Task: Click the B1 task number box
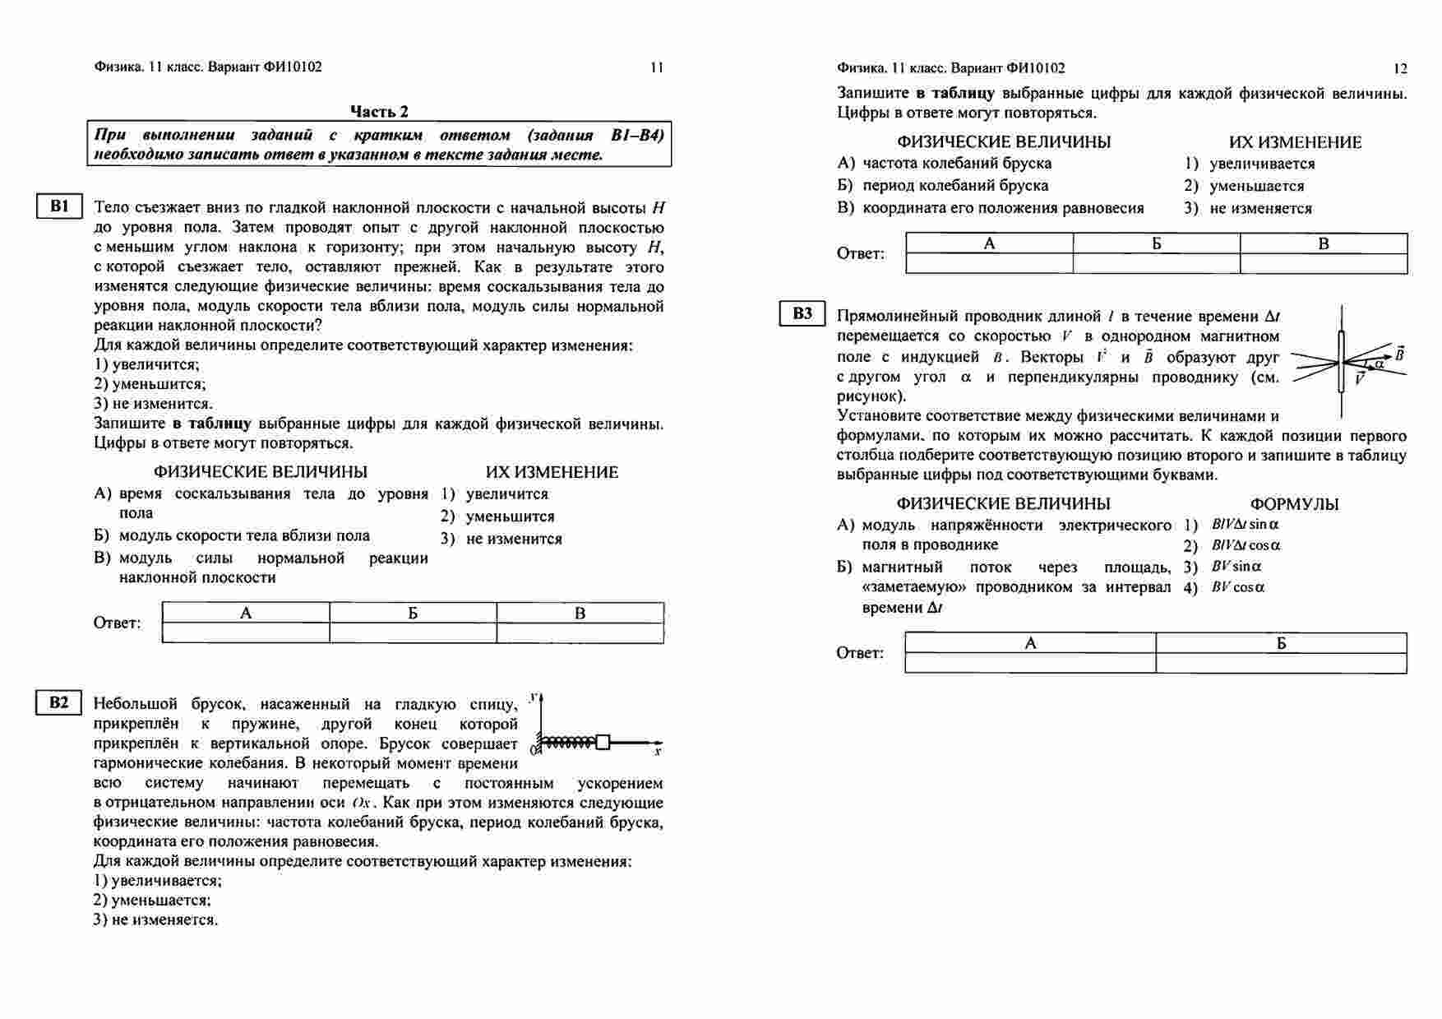click(60, 206)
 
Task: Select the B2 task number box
click(60, 702)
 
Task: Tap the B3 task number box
click(802, 314)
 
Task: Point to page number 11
click(657, 68)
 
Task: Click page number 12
click(1401, 68)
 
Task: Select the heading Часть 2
click(379, 112)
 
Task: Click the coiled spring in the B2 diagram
click(569, 743)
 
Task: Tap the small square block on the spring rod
click(603, 743)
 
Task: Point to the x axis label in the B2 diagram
click(658, 752)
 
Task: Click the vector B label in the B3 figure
click(1399, 354)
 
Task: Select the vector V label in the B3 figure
click(1360, 379)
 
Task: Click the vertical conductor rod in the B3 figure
click(1342, 362)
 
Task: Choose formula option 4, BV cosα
click(1237, 588)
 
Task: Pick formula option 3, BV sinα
click(1236, 567)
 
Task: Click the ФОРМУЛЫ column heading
click(1294, 504)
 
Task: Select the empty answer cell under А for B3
click(1030, 663)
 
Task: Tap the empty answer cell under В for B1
click(580, 632)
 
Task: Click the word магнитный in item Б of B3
click(902, 567)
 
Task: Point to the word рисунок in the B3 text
click(868, 396)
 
